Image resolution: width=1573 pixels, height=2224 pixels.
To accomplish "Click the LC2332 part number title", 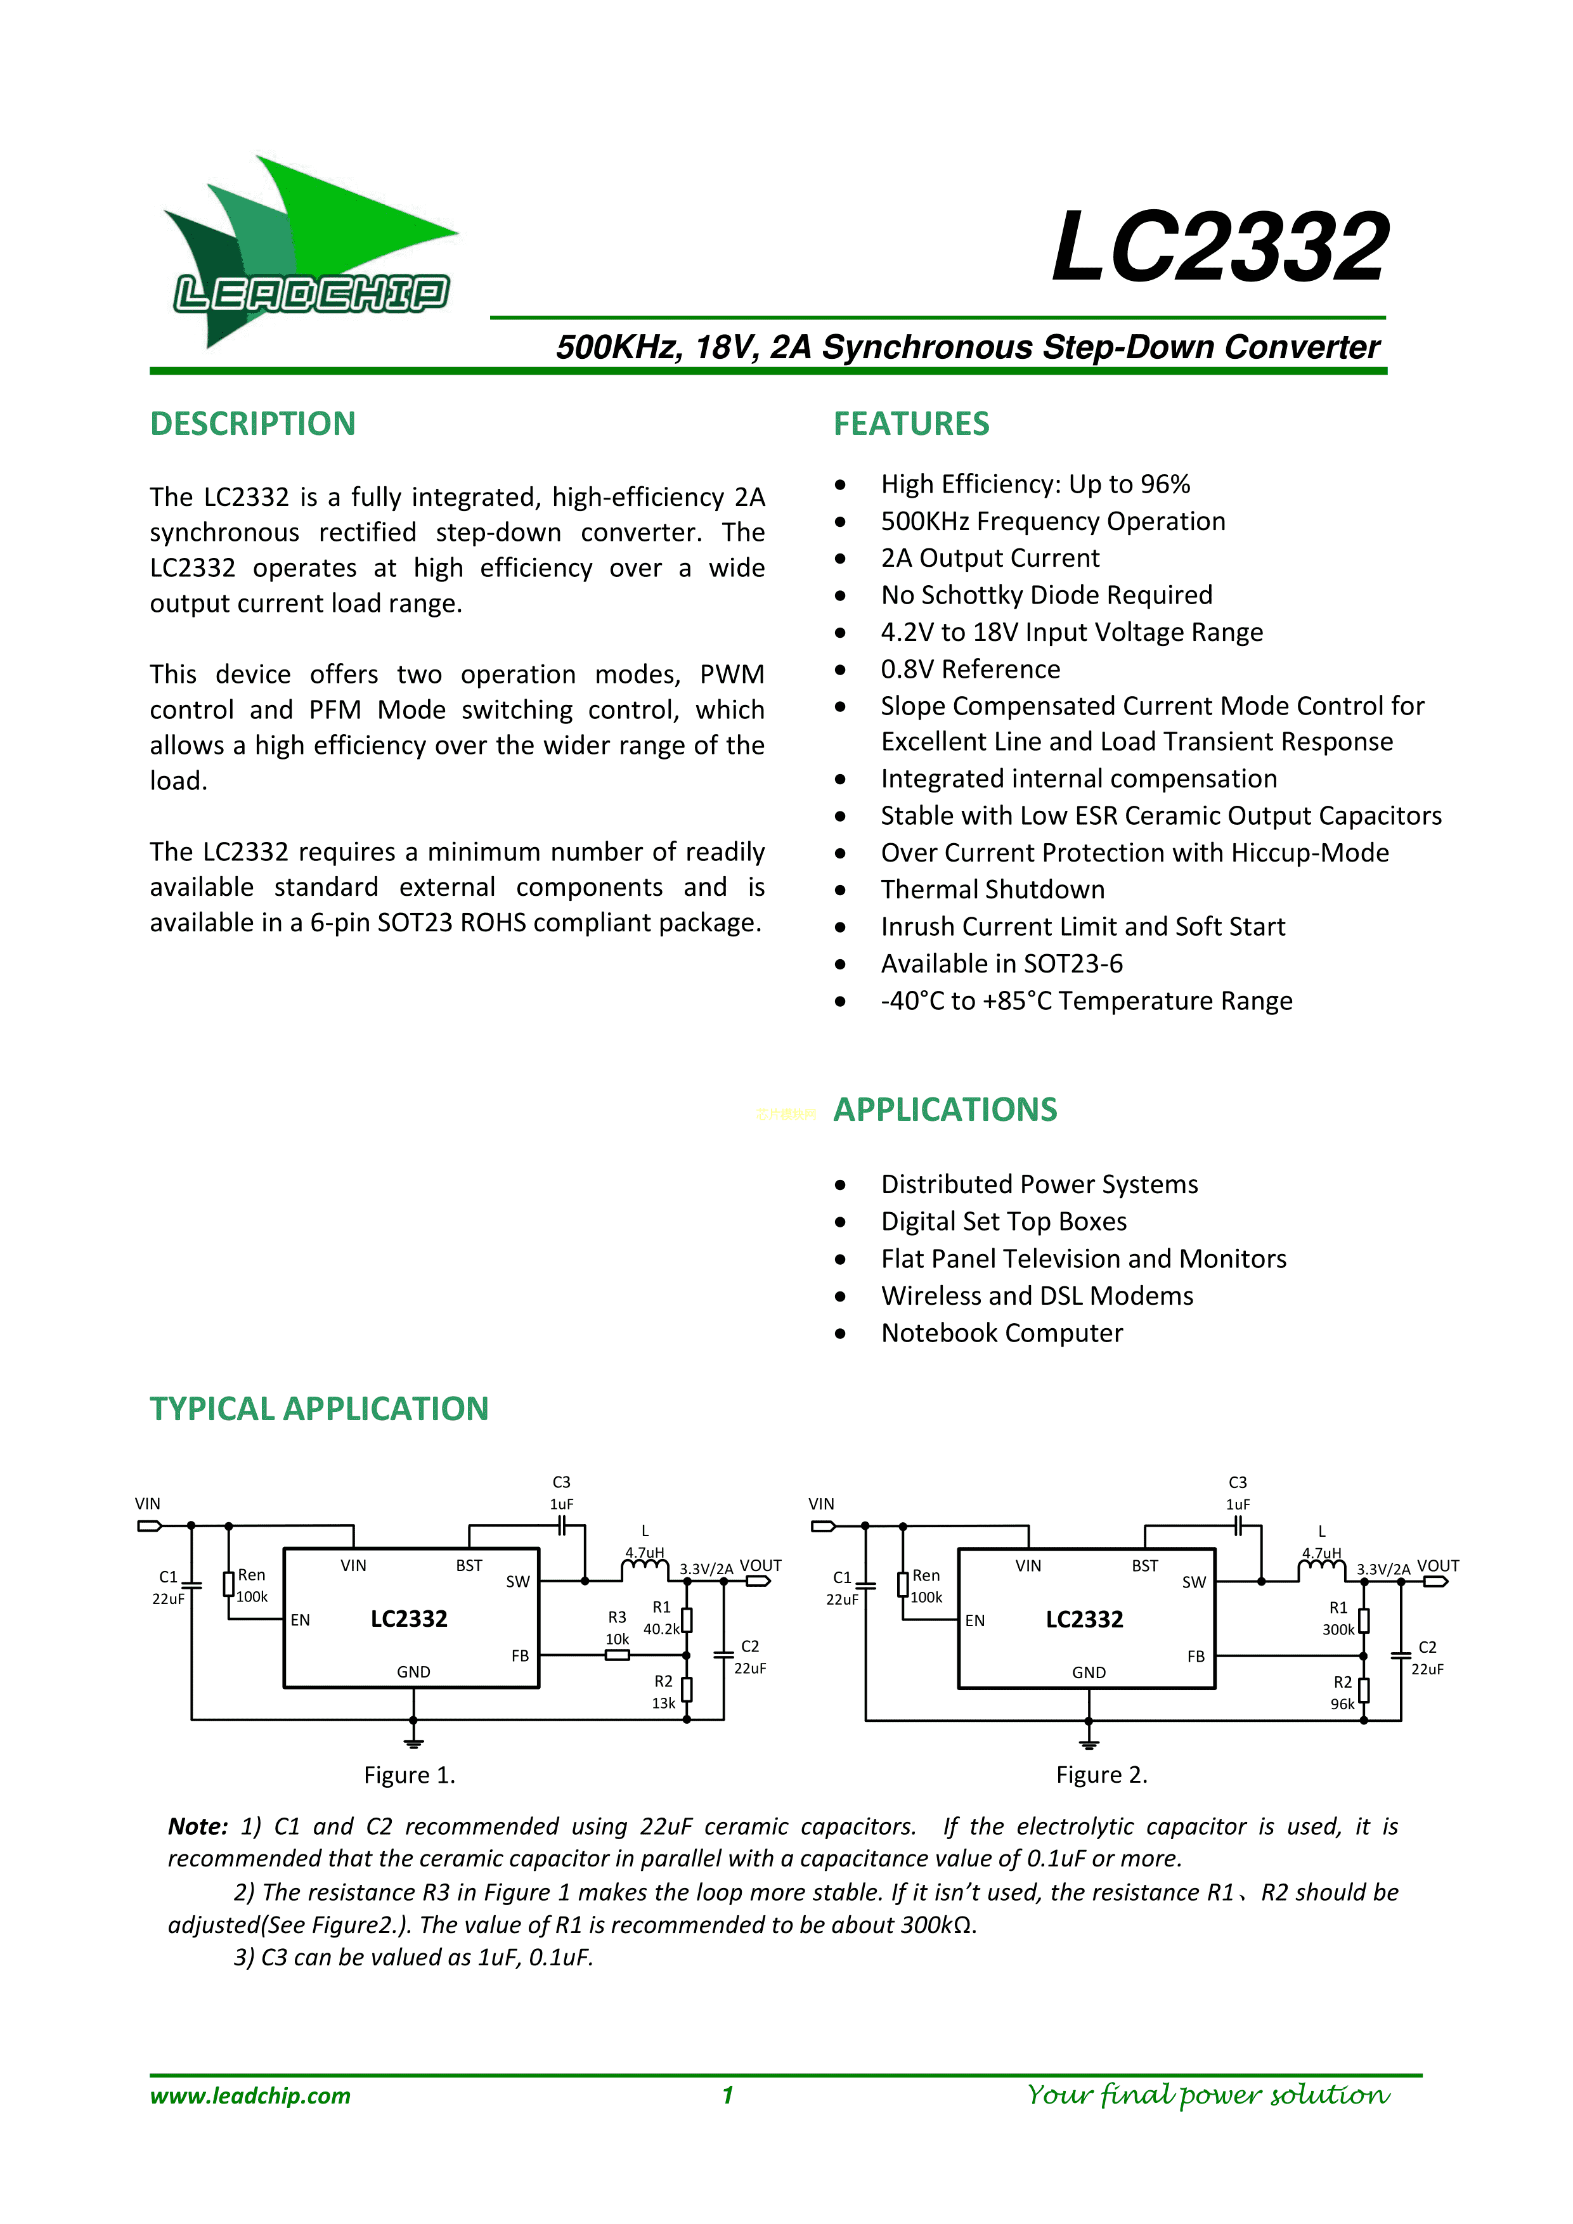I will (1220, 248).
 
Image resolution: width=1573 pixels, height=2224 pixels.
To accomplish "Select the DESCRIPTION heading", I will (253, 424).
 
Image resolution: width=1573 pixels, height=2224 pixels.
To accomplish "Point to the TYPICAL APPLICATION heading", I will (319, 1409).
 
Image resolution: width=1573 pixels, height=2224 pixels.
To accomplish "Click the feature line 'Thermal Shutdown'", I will (992, 889).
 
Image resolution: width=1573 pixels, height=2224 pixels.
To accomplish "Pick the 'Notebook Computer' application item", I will (1002, 1333).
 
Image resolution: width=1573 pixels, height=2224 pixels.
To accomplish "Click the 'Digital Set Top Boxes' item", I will (1004, 1222).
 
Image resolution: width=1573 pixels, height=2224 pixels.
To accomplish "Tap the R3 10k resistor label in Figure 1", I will (617, 1628).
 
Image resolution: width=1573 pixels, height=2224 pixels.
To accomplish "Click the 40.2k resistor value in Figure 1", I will (661, 1629).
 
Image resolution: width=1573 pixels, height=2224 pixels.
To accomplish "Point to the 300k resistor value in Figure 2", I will (1338, 1630).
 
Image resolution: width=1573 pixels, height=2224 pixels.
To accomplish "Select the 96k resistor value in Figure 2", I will (1342, 1704).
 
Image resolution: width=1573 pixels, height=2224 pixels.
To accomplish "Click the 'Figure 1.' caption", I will (410, 1775).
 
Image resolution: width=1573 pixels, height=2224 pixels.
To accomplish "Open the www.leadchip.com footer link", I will (250, 2096).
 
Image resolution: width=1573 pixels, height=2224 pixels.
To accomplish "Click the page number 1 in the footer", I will (727, 2096).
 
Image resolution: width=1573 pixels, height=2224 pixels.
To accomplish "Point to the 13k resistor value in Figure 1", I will (663, 1703).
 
